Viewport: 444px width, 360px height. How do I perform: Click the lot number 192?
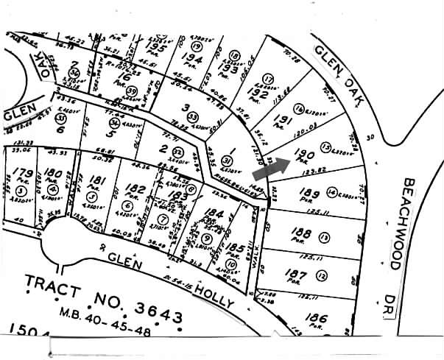coord(256,93)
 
